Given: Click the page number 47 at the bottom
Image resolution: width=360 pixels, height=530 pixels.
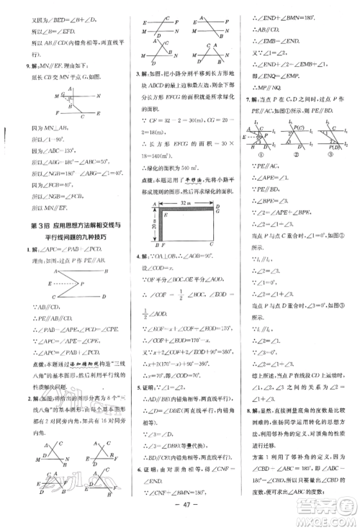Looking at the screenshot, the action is click(x=180, y=518).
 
